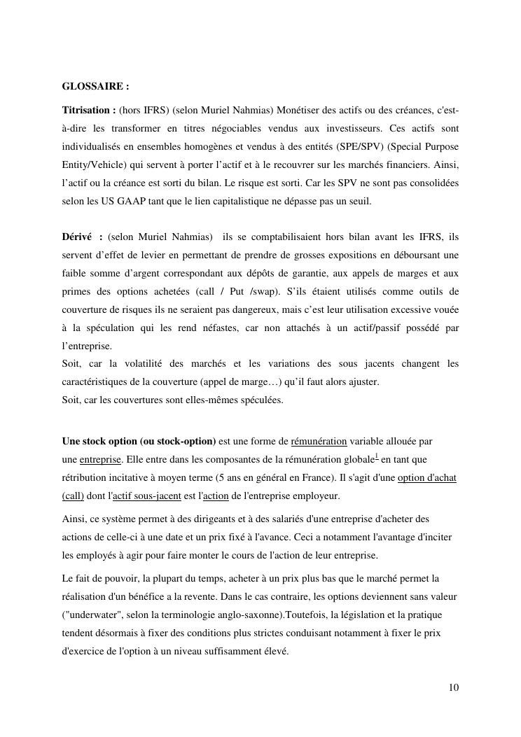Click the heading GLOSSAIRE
click(95, 87)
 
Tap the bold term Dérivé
click(77, 236)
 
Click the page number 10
click(454, 687)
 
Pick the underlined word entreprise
click(100, 459)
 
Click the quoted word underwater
click(92, 615)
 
